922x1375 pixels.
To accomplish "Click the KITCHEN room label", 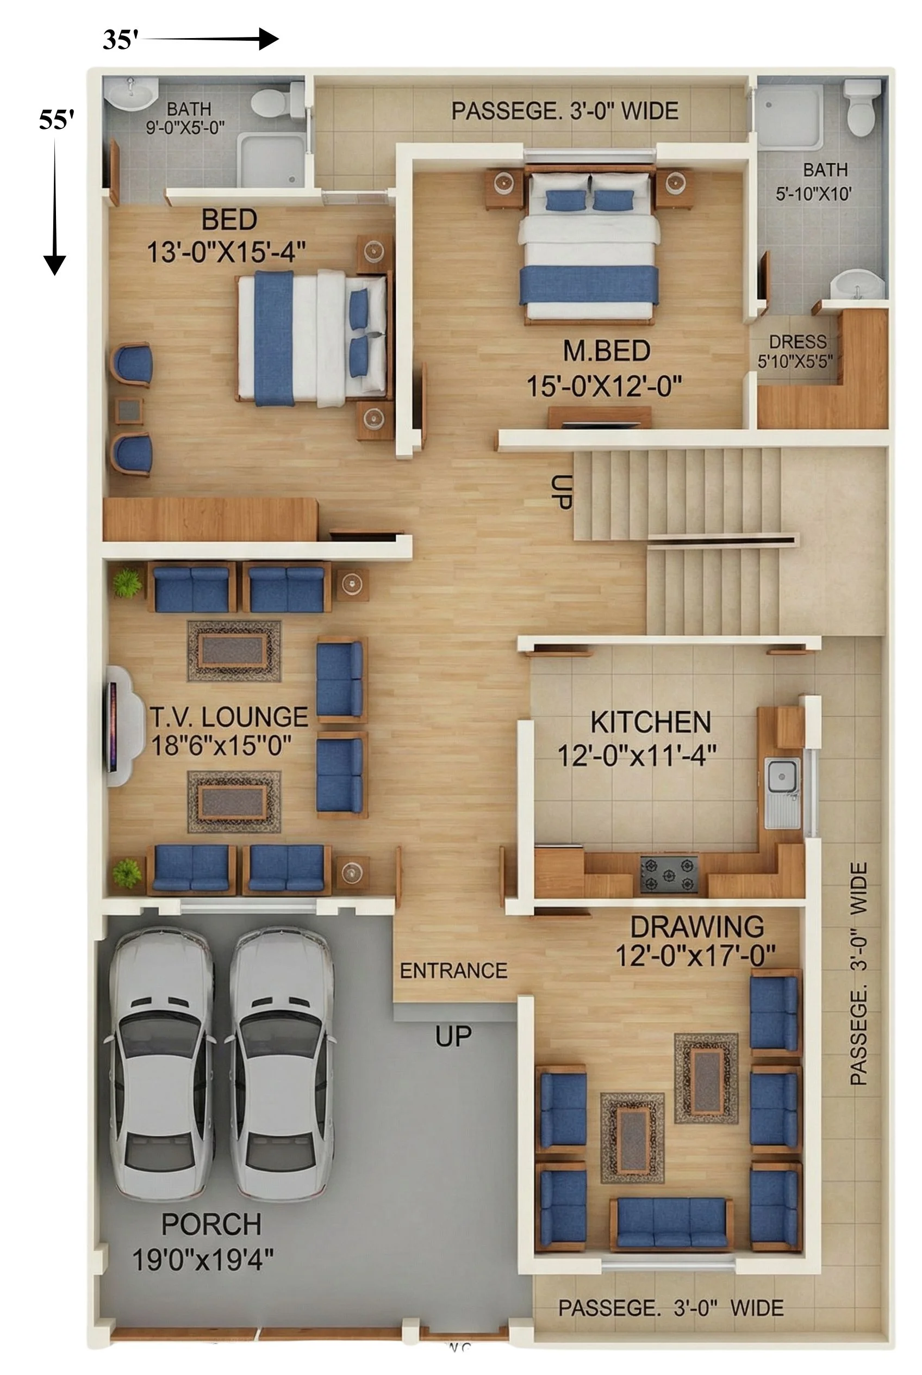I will (x=650, y=722).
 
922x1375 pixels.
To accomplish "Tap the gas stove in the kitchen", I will (x=669, y=874).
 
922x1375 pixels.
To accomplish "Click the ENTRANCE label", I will (x=453, y=970).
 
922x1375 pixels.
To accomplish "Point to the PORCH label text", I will (x=211, y=1224).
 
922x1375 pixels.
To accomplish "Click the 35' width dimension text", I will (x=121, y=40).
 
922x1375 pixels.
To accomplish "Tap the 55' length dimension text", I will (x=57, y=120).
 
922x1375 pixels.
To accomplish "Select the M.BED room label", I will (x=606, y=351).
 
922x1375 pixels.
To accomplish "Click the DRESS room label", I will (x=798, y=342).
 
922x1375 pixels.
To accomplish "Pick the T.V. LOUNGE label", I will (x=229, y=717).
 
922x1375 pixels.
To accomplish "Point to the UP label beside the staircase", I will (x=560, y=491).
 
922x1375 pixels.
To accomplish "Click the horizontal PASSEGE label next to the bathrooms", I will (x=564, y=110).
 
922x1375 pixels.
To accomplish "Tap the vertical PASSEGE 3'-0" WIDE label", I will (x=858, y=974).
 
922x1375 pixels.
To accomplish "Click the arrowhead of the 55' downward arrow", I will (x=55, y=265).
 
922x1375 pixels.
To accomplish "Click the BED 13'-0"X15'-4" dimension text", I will (x=226, y=253).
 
